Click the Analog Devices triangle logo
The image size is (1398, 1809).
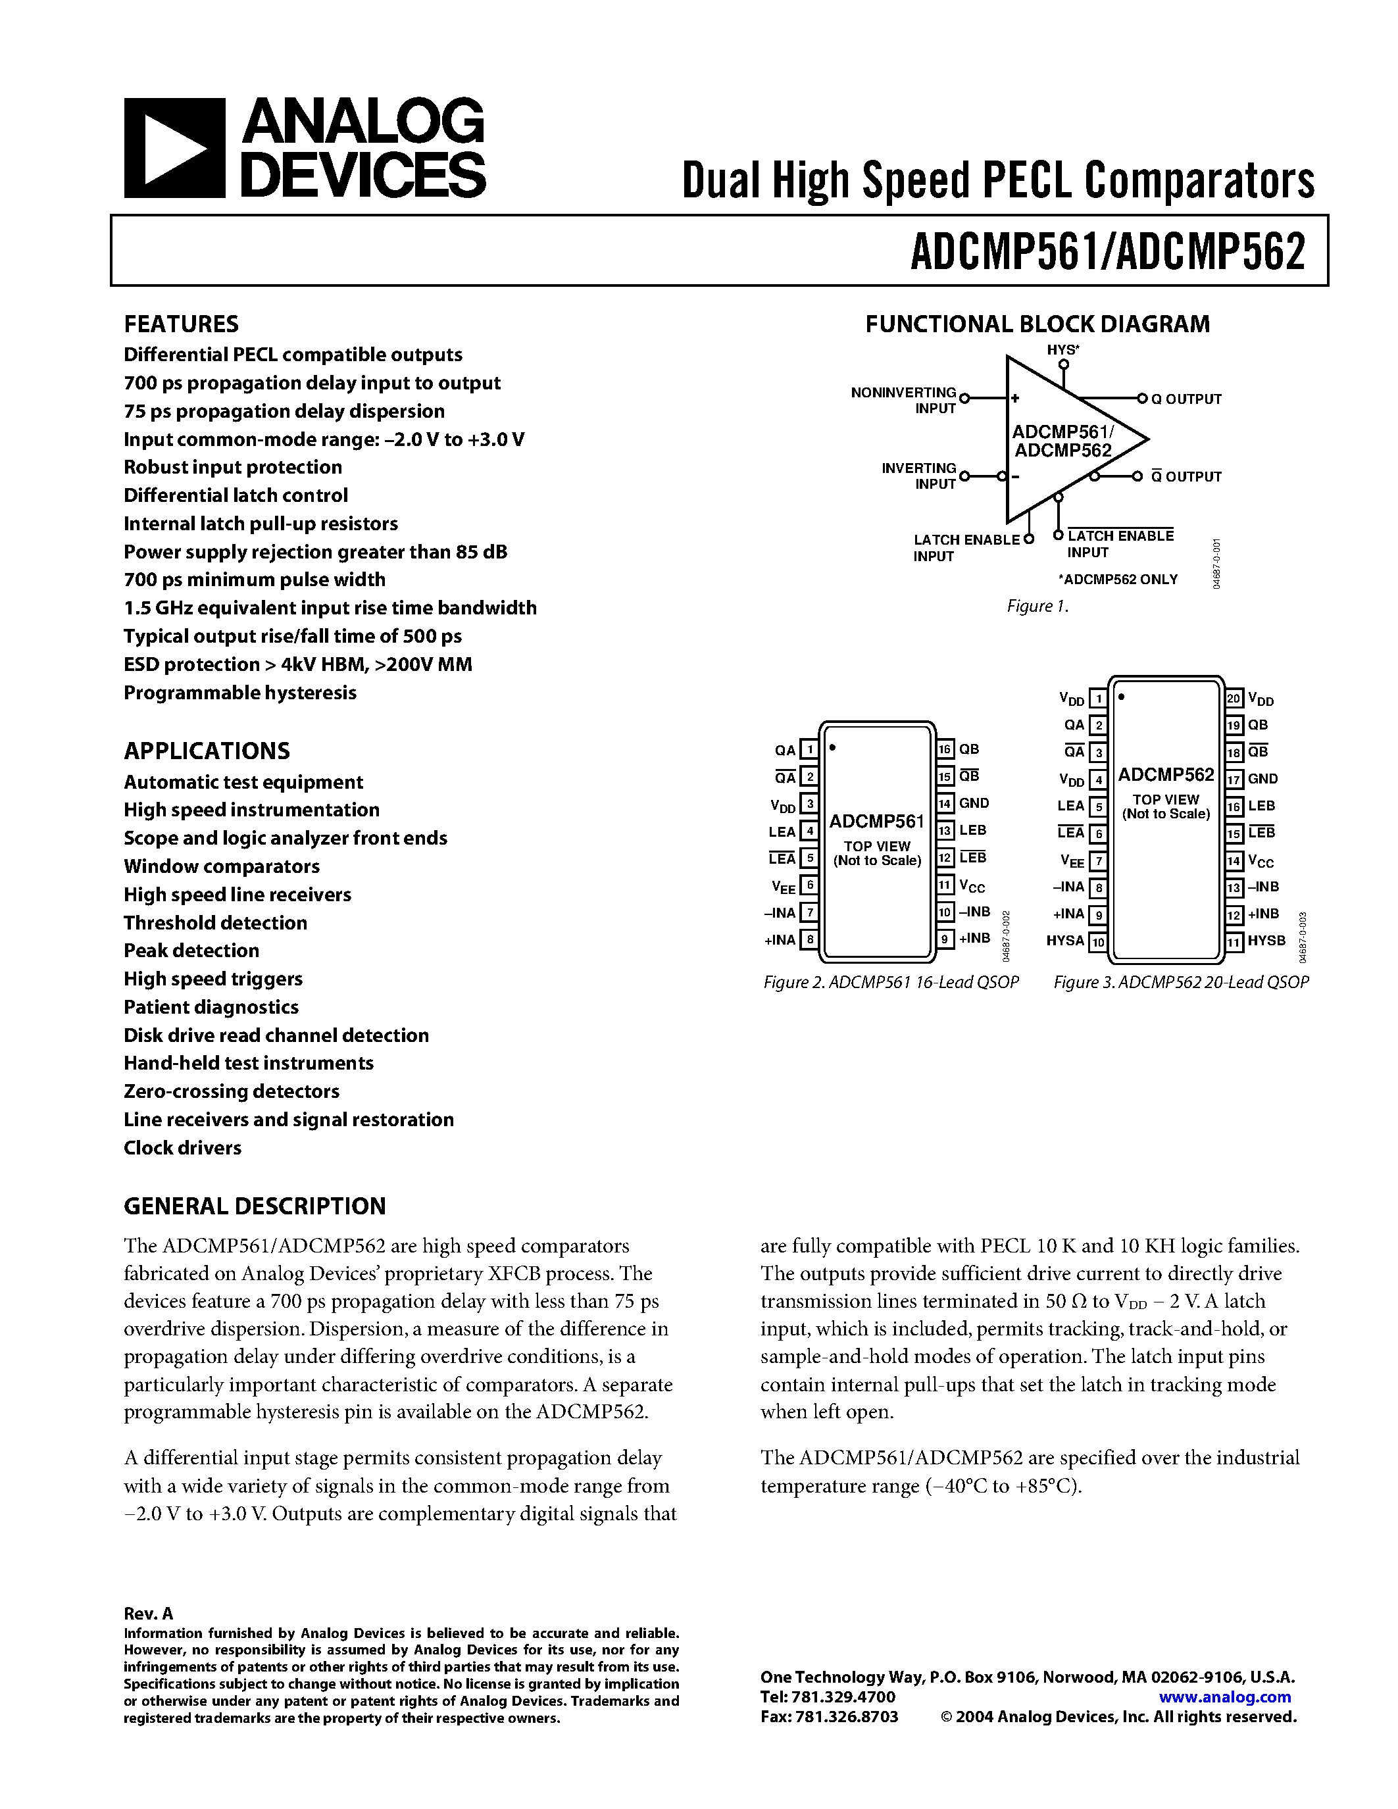click(x=174, y=147)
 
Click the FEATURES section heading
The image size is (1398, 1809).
click(x=182, y=324)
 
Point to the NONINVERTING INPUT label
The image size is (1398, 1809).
click(x=903, y=400)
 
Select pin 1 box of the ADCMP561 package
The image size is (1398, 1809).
click(x=809, y=751)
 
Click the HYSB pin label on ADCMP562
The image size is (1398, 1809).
click(x=1266, y=941)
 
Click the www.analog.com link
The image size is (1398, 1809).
click(x=1225, y=1697)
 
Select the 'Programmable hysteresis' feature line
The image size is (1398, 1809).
click(x=240, y=693)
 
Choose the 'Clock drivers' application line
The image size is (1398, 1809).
click(x=182, y=1148)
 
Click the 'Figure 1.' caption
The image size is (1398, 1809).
click(x=1037, y=607)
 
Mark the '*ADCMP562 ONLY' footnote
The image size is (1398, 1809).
click(x=1117, y=580)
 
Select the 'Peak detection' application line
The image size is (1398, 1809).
click(x=191, y=951)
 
